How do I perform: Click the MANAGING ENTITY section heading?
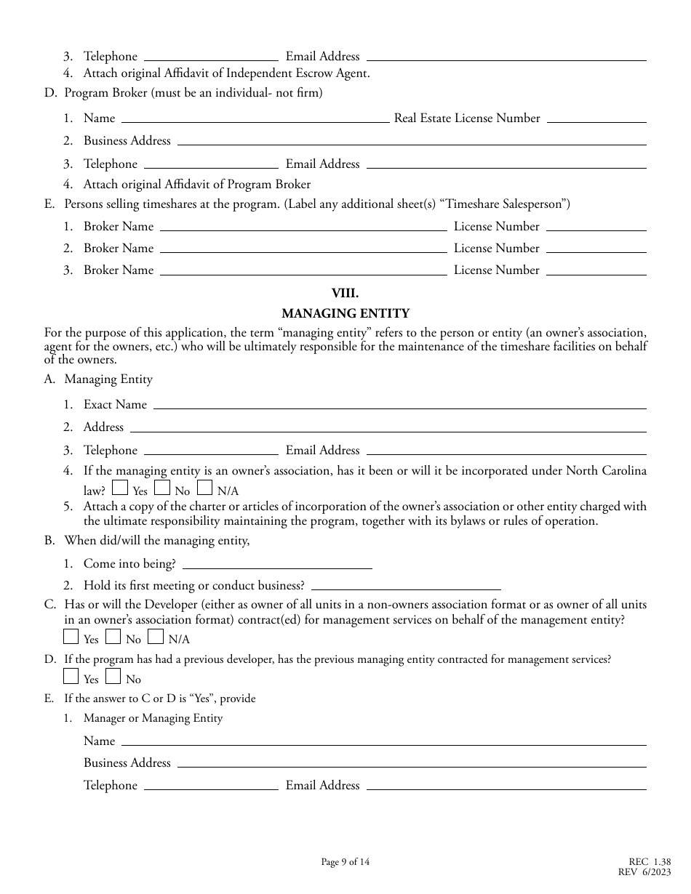click(345, 314)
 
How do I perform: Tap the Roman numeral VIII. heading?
click(345, 294)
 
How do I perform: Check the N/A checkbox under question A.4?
click(204, 488)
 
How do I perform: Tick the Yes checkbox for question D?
click(71, 677)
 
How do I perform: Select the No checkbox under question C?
click(113, 637)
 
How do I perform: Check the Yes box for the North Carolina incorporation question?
click(120, 488)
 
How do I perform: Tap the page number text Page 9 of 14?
click(345, 863)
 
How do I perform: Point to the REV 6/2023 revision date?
click(654, 873)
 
